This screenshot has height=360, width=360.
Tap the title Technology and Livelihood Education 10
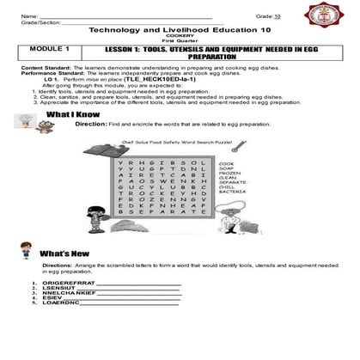point(180,29)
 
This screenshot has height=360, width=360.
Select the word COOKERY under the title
point(180,37)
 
